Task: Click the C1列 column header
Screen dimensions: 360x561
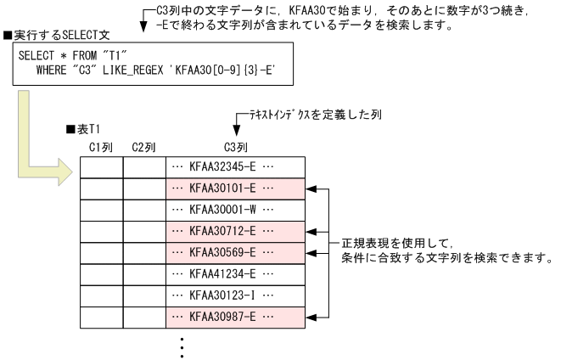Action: [102, 147]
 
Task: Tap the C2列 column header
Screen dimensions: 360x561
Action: [143, 147]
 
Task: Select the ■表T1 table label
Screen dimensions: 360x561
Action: [82, 129]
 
